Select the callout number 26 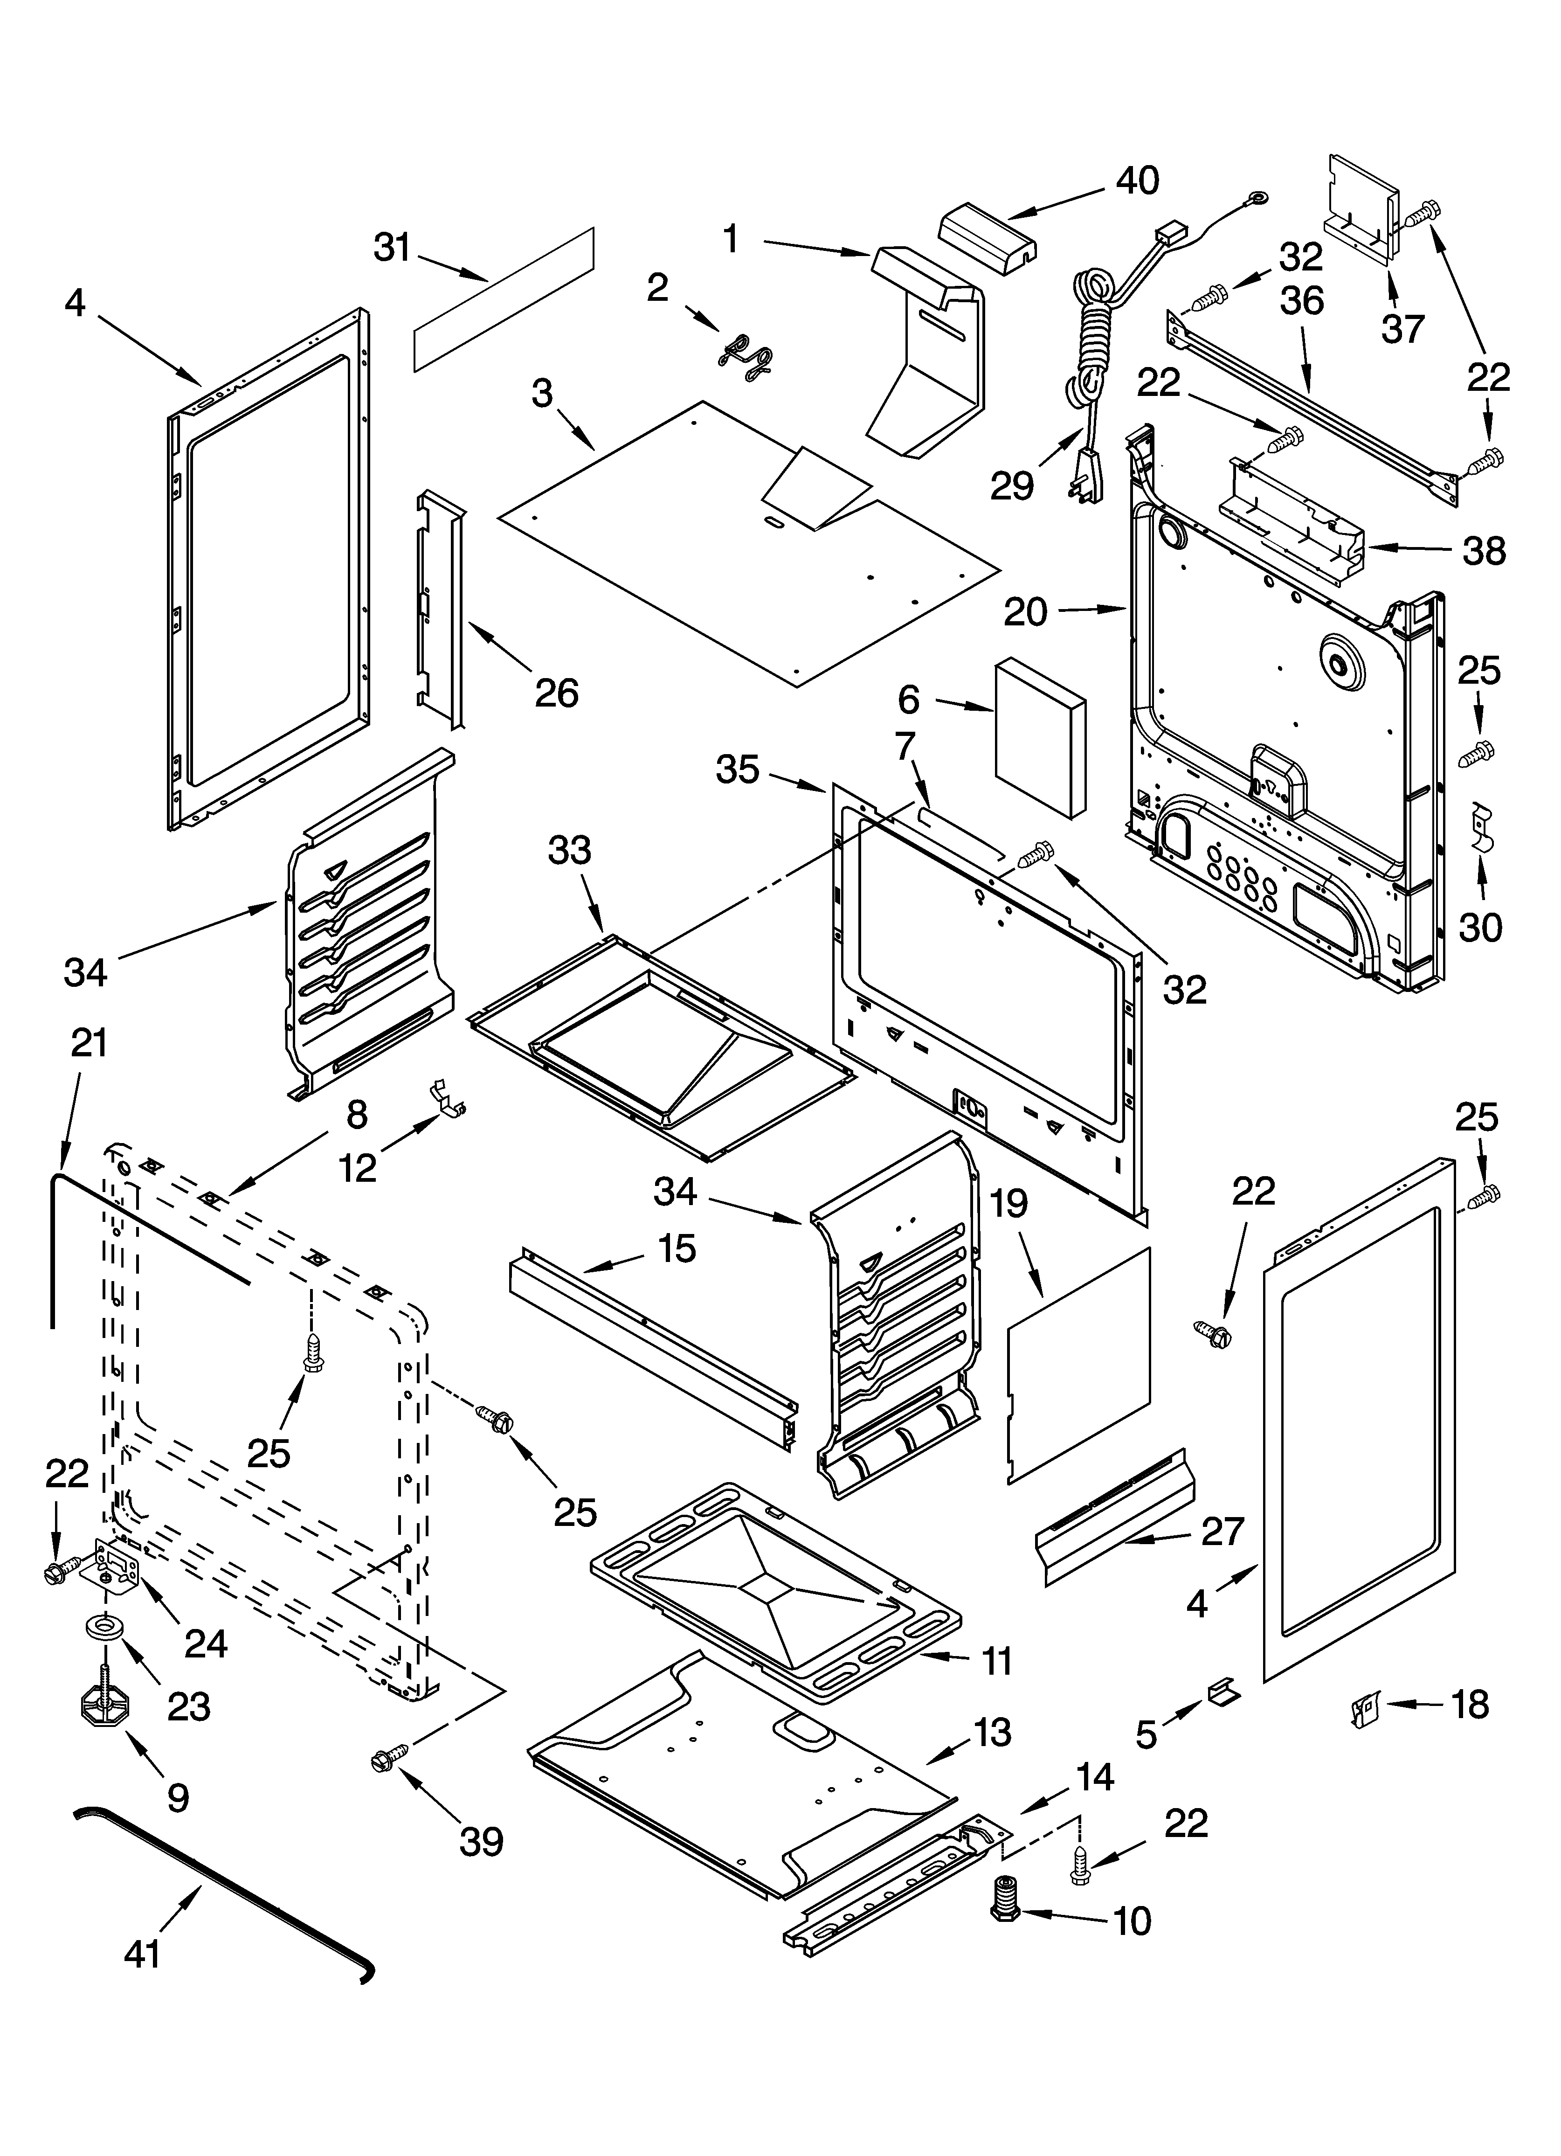(556, 693)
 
